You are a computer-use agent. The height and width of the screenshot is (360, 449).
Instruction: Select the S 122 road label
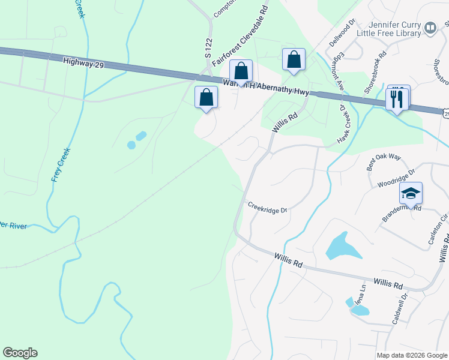[209, 47]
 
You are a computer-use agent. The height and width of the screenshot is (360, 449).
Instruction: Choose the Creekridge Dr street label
[268, 207]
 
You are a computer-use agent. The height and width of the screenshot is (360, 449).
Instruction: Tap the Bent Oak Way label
[384, 164]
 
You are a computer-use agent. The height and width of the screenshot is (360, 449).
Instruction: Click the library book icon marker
[430, 28]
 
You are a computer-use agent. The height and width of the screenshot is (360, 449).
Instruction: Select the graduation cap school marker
[411, 193]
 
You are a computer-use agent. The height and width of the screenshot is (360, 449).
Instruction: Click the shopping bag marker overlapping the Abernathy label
[241, 71]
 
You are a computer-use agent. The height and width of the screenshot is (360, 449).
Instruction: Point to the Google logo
[20, 353]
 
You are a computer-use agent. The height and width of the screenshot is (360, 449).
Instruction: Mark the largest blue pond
[343, 246]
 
